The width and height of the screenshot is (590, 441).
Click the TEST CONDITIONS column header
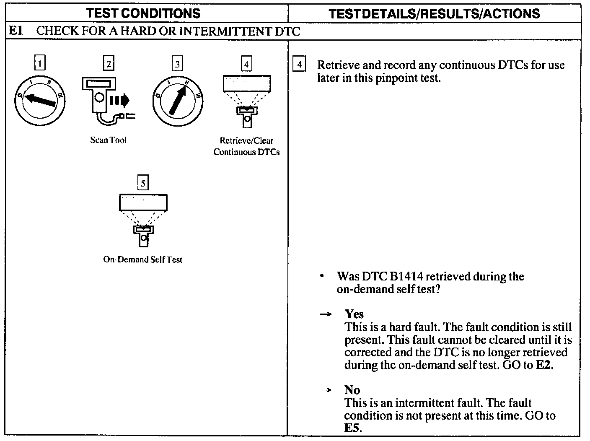pyautogui.click(x=143, y=13)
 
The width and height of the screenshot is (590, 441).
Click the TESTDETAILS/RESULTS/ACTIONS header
pyautogui.click(x=434, y=13)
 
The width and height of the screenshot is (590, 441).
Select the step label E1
pyautogui.click(x=16, y=31)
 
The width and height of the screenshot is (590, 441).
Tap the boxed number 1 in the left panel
pyautogui.click(x=39, y=64)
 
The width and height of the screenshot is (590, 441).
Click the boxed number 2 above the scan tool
pyautogui.click(x=109, y=64)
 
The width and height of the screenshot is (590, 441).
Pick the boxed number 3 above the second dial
pyautogui.click(x=178, y=64)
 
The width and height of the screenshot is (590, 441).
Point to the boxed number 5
pyautogui.click(x=143, y=183)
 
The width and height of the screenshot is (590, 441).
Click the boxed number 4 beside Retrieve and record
pyautogui.click(x=299, y=65)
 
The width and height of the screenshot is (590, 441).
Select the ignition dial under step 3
pyautogui.click(x=178, y=101)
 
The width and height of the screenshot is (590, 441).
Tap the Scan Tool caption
pyautogui.click(x=108, y=140)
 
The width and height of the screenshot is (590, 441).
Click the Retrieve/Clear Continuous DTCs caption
pyautogui.click(x=246, y=146)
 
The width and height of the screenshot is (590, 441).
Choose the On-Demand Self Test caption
pyautogui.click(x=143, y=259)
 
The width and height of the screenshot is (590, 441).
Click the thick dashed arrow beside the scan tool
pyautogui.click(x=120, y=101)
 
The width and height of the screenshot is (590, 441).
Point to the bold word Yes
pyautogui.click(x=354, y=314)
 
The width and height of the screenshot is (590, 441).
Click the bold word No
pyautogui.click(x=352, y=390)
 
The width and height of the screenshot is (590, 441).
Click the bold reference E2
pyautogui.click(x=544, y=365)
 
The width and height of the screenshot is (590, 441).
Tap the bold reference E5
pyautogui.click(x=352, y=428)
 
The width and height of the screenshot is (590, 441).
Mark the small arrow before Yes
pyautogui.click(x=326, y=314)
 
